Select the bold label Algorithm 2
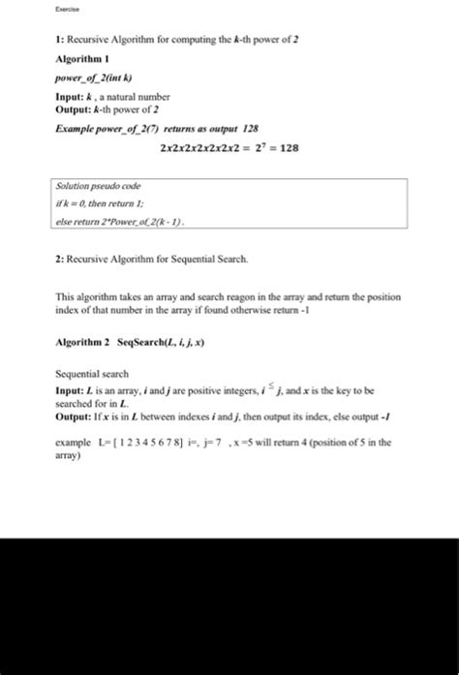click(82, 343)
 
